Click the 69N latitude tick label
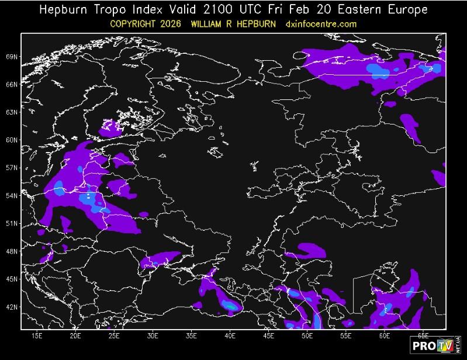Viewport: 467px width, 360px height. [12, 57]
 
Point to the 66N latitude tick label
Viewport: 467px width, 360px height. [12, 85]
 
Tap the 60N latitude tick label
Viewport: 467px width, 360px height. [12, 140]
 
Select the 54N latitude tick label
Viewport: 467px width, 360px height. [12, 196]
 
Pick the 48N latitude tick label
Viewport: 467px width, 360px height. [12, 251]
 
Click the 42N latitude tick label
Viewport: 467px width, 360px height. [12, 307]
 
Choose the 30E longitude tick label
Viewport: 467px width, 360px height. [153, 336]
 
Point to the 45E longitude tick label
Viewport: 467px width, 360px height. [268, 336]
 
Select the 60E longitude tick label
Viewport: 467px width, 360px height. [385, 336]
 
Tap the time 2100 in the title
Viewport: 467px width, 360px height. [230, 10]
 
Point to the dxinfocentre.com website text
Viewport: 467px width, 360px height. [321, 24]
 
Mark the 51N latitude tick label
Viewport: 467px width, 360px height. [12, 223]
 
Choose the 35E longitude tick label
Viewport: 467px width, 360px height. [191, 336]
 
